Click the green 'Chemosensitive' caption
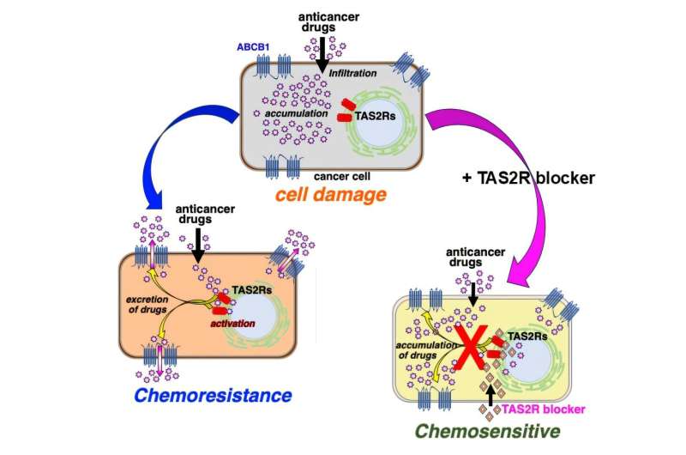(x=484, y=431)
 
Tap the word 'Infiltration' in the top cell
(x=353, y=74)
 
